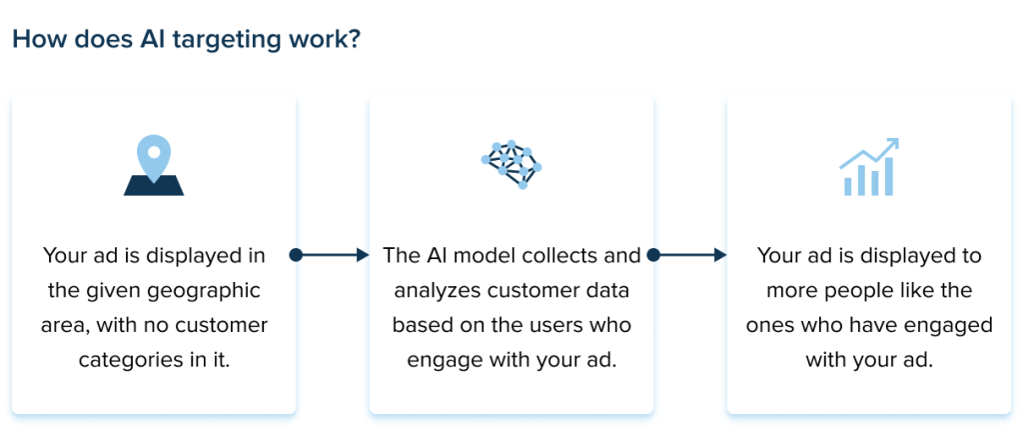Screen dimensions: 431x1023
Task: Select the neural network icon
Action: click(511, 165)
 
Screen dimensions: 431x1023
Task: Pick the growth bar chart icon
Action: click(868, 168)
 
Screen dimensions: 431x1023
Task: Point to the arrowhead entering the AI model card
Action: click(362, 256)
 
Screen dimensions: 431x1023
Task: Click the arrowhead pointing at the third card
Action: click(719, 256)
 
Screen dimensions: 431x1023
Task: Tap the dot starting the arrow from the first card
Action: click(296, 256)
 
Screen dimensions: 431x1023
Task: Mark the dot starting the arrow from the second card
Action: click(653, 256)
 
